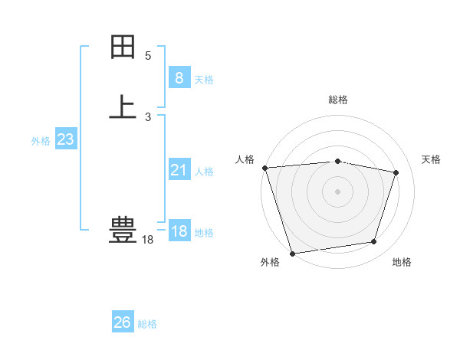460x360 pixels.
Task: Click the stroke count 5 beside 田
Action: pyautogui.click(x=148, y=56)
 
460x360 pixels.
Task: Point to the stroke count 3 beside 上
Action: pyautogui.click(x=148, y=116)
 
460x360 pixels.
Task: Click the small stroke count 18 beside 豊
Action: pyautogui.click(x=148, y=240)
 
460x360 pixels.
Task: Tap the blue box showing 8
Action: pyautogui.click(x=179, y=77)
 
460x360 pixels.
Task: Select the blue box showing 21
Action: pyautogui.click(x=179, y=170)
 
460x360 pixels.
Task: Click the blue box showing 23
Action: pyautogui.click(x=65, y=139)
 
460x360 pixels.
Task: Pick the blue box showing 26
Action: pyautogui.click(x=123, y=322)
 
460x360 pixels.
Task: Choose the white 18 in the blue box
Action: pyautogui.click(x=179, y=231)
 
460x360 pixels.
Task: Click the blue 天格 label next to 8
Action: pyautogui.click(x=204, y=79)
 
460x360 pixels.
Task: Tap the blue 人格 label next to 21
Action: pyautogui.click(x=204, y=172)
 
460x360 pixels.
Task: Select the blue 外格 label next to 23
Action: pyautogui.click(x=41, y=141)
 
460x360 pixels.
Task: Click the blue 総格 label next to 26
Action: pyautogui.click(x=147, y=324)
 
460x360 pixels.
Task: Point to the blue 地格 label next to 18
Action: pyautogui.click(x=204, y=233)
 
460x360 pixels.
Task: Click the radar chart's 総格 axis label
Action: pyautogui.click(x=338, y=100)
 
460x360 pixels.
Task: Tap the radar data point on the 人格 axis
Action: pyautogui.click(x=264, y=168)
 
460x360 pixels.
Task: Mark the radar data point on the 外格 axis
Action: pyautogui.click(x=292, y=253)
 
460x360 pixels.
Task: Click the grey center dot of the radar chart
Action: pyautogui.click(x=337, y=191)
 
